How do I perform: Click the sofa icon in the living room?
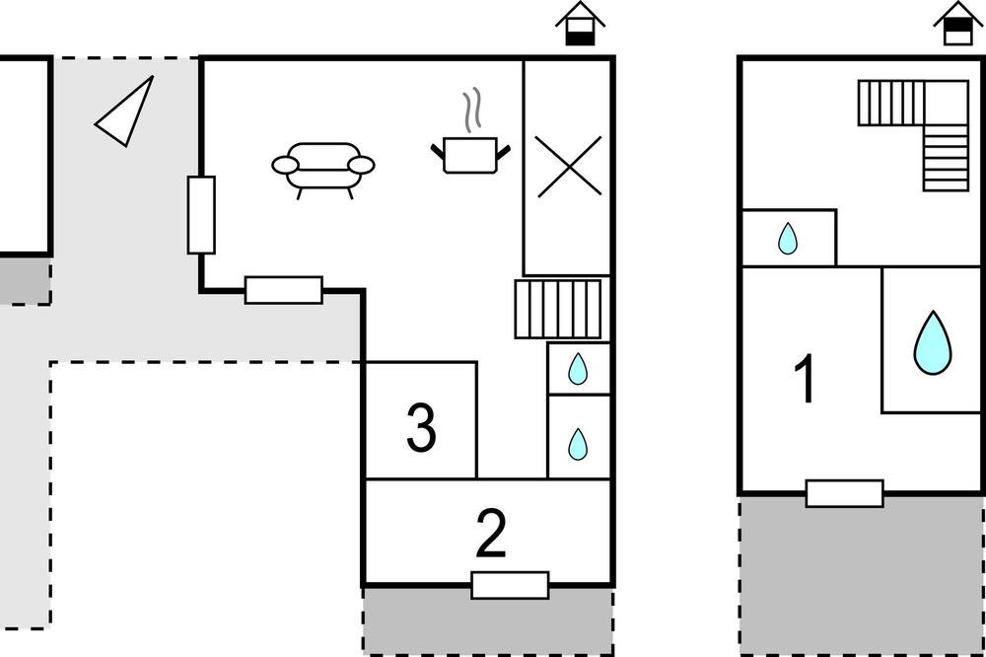coord(323,170)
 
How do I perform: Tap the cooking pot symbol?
coord(470,155)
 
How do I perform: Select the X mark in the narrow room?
coord(569,167)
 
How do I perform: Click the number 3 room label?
coord(421,428)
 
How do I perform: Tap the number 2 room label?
coord(490,534)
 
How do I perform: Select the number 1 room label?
coord(806,378)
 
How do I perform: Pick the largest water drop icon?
coord(933,343)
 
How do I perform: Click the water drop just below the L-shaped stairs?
coord(787,239)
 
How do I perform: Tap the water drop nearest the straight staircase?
coord(578,369)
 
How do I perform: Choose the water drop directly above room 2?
coord(578,444)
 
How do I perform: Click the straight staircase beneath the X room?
coord(558,309)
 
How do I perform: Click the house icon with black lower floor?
coord(580,24)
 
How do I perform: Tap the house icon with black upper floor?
coord(957,24)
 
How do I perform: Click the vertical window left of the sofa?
coord(201,215)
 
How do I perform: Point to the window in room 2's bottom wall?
coord(510,585)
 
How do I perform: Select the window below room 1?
coord(845,493)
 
